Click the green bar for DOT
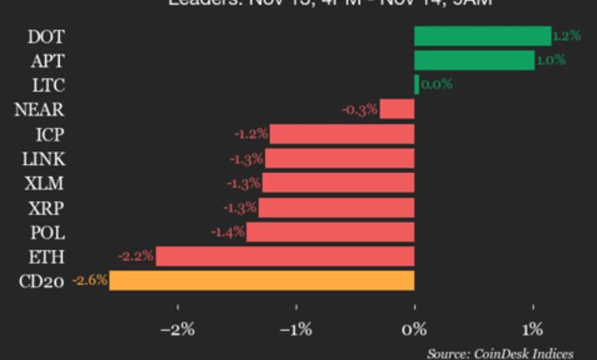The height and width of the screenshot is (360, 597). coord(482,36)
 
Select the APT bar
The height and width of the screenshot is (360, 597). coord(474,61)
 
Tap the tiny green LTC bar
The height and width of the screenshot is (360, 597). coord(416,85)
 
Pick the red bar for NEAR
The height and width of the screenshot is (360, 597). coord(397,110)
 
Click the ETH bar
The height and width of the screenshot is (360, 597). coord(285,257)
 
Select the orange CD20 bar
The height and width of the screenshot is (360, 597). coord(262,281)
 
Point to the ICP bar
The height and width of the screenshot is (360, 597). coord(342,134)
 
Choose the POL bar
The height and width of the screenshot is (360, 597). coord(330,232)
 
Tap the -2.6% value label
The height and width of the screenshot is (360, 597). coord(90,281)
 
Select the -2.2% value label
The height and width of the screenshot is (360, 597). coord(136,257)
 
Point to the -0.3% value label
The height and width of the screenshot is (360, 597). coord(360,110)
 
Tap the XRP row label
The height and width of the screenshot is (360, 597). coord(46,208)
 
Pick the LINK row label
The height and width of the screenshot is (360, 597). coord(44,159)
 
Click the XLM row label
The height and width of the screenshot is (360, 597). coord(45,183)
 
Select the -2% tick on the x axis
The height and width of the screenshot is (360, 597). coord(178,331)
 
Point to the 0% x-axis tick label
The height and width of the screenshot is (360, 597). coord(415,331)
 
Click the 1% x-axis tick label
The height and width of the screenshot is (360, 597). coord(533,331)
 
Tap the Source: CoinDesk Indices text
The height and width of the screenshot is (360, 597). coord(500,353)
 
